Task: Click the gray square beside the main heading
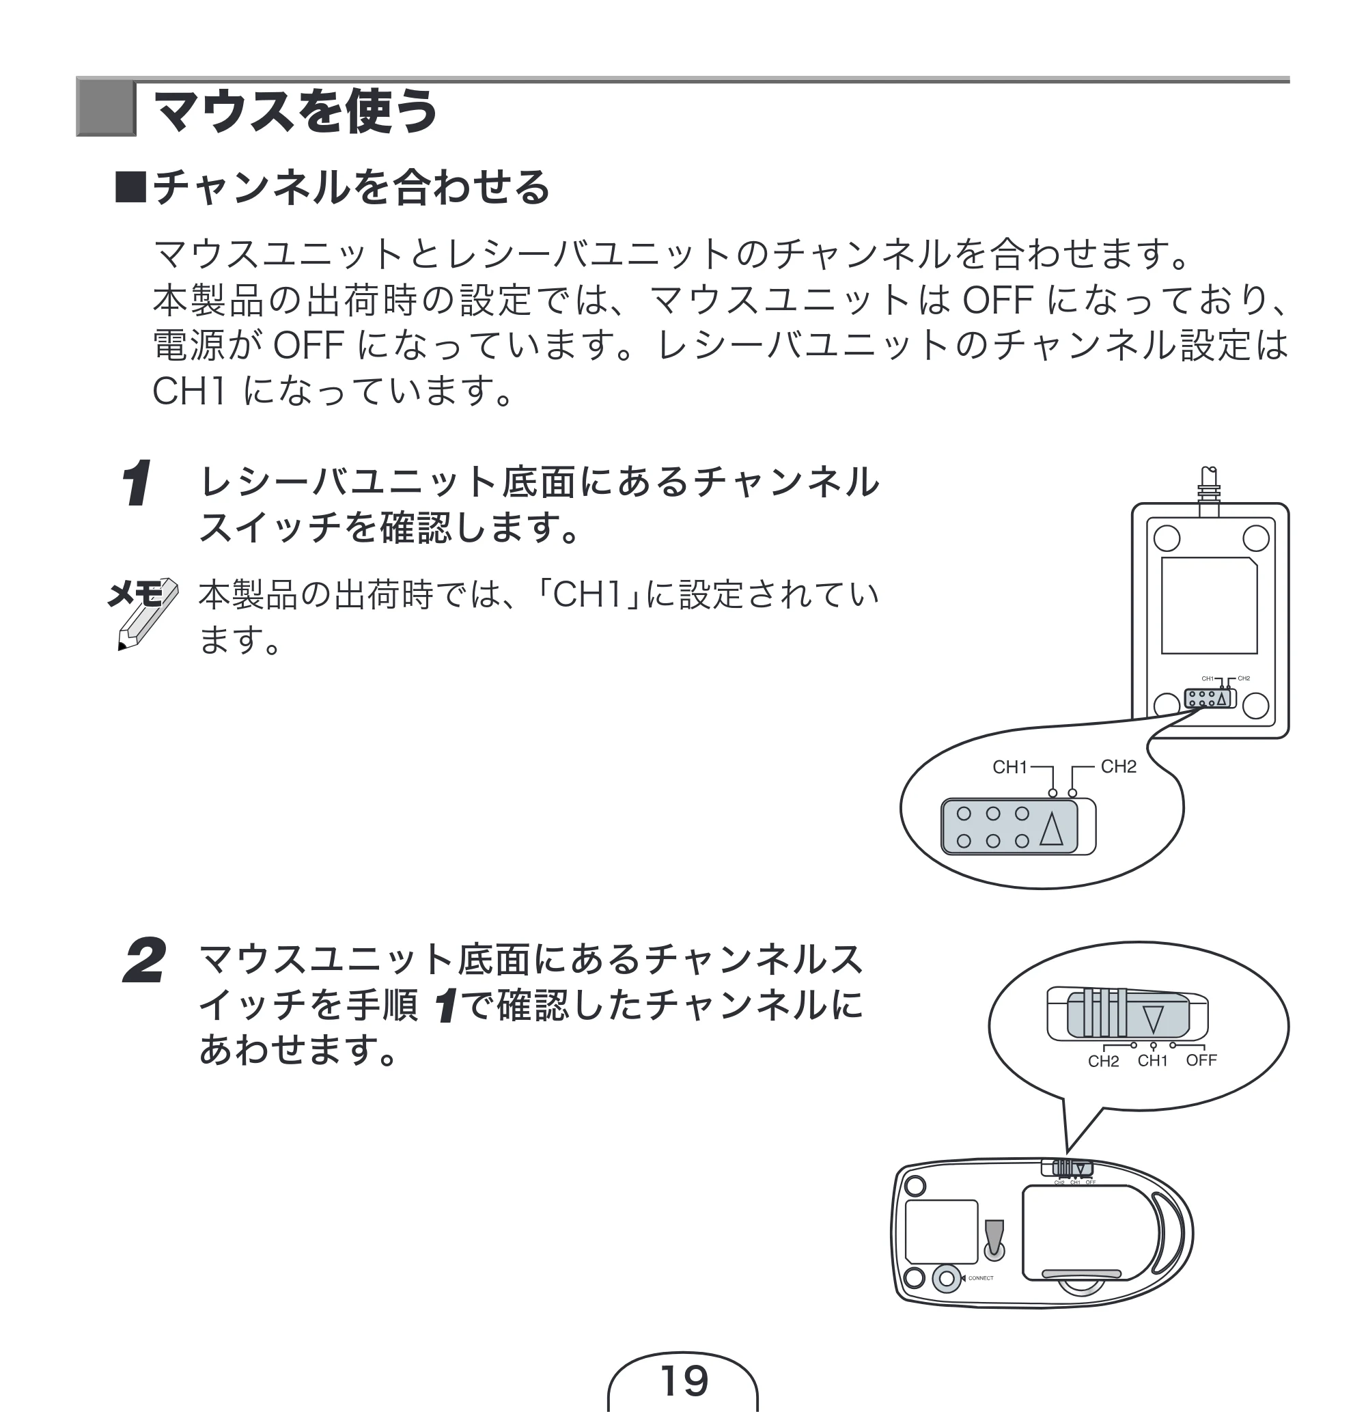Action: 105,109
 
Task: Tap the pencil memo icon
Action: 143,612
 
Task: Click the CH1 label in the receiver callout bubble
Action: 1009,767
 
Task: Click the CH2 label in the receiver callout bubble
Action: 1118,766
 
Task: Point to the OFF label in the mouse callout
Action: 1201,1060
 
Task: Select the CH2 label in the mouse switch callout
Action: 1103,1061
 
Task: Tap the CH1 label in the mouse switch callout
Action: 1152,1060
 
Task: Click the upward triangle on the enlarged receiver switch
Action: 1052,829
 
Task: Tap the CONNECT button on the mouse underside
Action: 947,1279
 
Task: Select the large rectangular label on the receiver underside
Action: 1209,605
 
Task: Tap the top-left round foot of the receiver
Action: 1167,538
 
